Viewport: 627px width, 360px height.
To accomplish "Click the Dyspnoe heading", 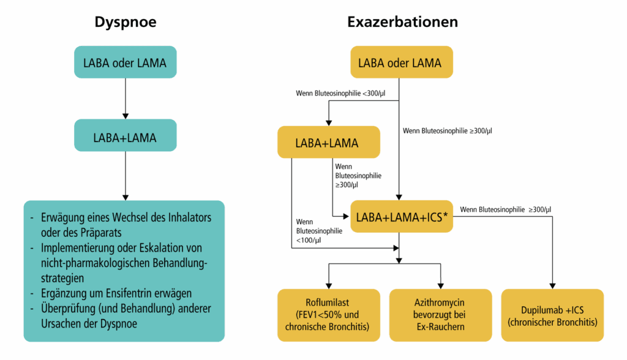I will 125,23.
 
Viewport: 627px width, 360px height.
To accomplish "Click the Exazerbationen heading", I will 402,23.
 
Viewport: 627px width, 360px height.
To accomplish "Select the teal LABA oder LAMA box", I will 126,62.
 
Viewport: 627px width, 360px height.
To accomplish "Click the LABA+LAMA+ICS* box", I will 400,216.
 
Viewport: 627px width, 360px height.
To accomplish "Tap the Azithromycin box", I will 440,315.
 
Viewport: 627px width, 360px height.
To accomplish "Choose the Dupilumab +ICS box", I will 552,315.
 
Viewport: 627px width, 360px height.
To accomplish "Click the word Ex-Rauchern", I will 440,326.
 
